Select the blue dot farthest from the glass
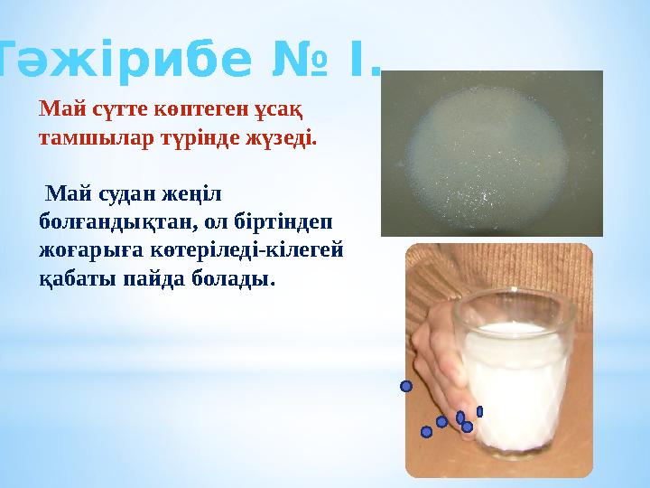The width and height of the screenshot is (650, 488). [x=406, y=387]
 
